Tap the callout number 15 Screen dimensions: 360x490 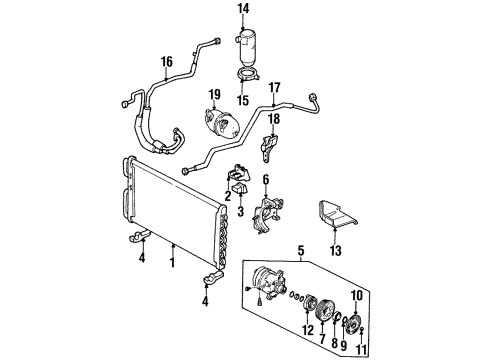pyautogui.click(x=242, y=100)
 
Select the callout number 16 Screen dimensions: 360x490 pyautogui.click(x=166, y=61)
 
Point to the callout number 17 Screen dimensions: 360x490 pyautogui.click(x=276, y=87)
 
